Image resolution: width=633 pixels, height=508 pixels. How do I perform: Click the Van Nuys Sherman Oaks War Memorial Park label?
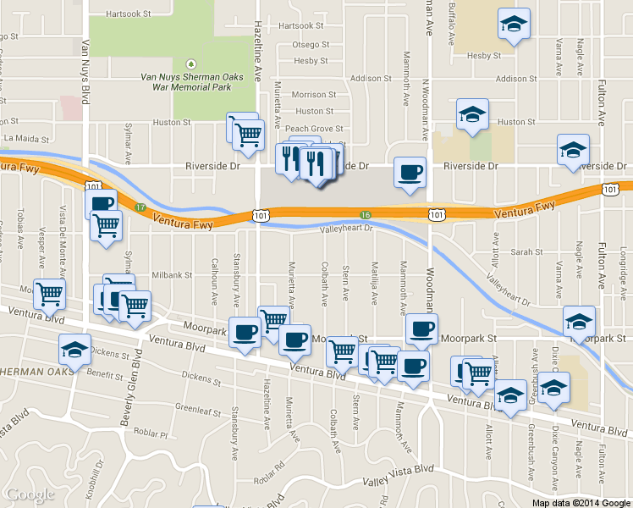(x=185, y=81)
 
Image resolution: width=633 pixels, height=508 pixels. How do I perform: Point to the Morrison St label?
(x=314, y=95)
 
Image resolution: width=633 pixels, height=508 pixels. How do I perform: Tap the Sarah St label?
(x=526, y=252)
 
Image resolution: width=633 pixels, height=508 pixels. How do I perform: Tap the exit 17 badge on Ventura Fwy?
(x=141, y=207)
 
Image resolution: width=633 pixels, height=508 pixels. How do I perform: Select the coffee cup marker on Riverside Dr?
(x=410, y=174)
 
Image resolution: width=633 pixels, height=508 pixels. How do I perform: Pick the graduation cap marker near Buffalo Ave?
(x=513, y=25)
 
